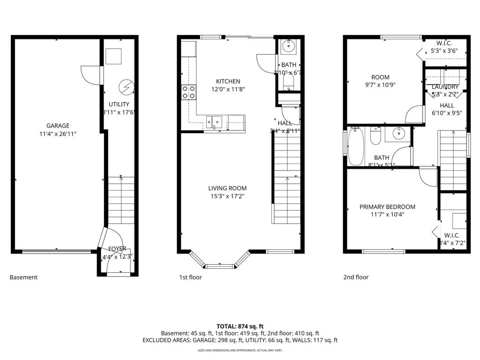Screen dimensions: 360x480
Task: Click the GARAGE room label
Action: pyautogui.click(x=58, y=126)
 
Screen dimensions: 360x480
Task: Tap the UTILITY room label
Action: pyautogui.click(x=119, y=104)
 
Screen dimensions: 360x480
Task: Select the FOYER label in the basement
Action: pyautogui.click(x=117, y=248)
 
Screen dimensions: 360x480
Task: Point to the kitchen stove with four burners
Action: pyautogui.click(x=189, y=92)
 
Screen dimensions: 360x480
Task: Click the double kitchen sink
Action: pyautogui.click(x=216, y=122)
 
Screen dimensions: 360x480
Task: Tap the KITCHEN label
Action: pyautogui.click(x=228, y=81)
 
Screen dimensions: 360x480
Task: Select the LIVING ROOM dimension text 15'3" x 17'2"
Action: pyautogui.click(x=227, y=196)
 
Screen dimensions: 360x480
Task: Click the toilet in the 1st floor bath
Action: pyautogui.click(x=288, y=83)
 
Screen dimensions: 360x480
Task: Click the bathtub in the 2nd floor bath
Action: pyautogui.click(x=354, y=147)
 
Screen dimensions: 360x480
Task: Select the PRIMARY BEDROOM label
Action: pyautogui.click(x=387, y=207)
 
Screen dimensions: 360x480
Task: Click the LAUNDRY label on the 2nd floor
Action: pyautogui.click(x=445, y=87)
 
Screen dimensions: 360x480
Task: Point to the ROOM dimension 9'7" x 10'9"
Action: pyautogui.click(x=380, y=85)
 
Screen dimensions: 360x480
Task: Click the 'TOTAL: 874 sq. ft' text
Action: pyautogui.click(x=240, y=326)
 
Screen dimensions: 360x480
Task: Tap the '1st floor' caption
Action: pyautogui.click(x=191, y=277)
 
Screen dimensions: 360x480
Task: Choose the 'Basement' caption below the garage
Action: pyautogui.click(x=23, y=277)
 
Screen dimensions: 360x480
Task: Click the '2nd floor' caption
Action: pyautogui.click(x=356, y=277)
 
